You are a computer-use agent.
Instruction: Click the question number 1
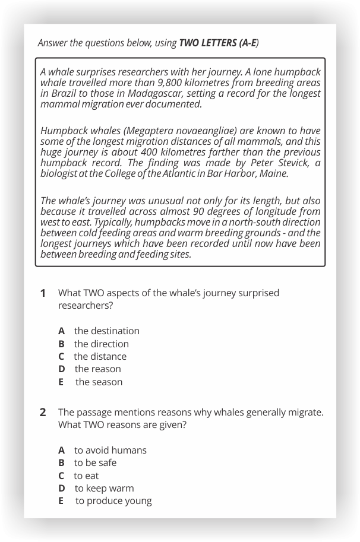[x=43, y=293]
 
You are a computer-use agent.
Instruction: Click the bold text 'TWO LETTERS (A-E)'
[x=218, y=43]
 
